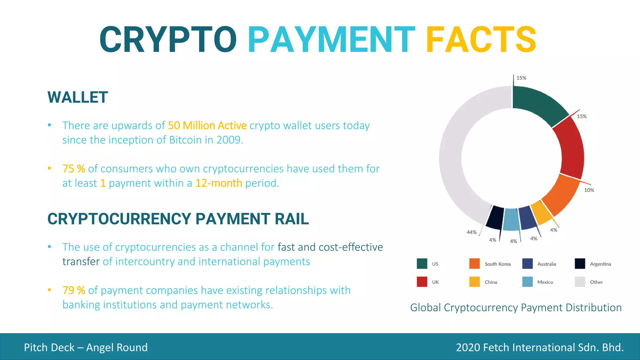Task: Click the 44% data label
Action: (471, 232)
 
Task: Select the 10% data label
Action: (589, 190)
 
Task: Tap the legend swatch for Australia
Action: (527, 264)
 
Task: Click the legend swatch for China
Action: (474, 282)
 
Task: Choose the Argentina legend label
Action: (600, 264)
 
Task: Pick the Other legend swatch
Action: (580, 282)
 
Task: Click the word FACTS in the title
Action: (481, 40)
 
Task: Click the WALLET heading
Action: (78, 97)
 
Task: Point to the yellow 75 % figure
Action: (74, 169)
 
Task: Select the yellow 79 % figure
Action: (74, 290)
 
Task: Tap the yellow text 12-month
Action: (218, 183)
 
